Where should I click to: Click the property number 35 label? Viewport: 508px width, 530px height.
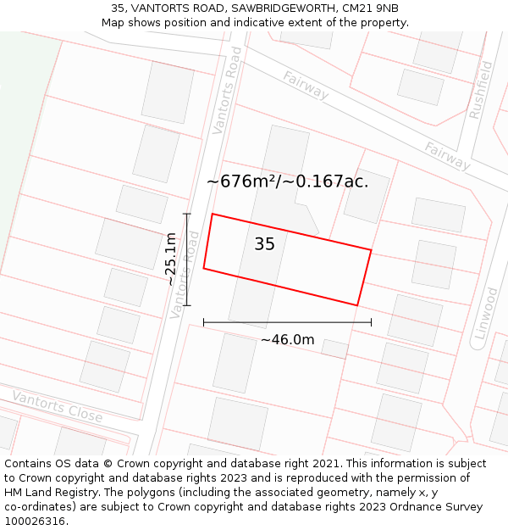click(264, 244)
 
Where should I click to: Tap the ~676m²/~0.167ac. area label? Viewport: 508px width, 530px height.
click(288, 181)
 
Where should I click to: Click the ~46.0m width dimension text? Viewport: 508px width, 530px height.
click(287, 340)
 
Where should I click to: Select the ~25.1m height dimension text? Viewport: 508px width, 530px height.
click(171, 259)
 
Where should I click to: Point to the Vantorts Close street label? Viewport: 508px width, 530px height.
click(57, 407)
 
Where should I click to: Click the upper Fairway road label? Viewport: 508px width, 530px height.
click(306, 86)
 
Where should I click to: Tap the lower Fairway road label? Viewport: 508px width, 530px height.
click(448, 156)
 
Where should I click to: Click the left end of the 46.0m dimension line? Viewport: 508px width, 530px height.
click(204, 322)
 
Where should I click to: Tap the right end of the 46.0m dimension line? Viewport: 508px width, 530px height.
click(371, 322)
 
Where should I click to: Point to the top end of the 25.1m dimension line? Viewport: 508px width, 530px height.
click(187, 215)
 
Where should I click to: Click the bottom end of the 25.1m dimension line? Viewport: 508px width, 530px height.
click(187, 305)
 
